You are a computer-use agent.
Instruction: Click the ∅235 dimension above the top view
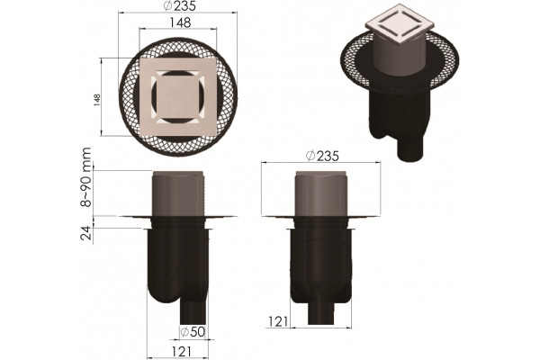pos(179,5)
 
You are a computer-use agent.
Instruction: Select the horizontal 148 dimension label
pos(181,22)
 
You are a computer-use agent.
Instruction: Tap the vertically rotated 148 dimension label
pos(97,100)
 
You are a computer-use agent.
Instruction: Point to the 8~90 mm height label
pos(86,177)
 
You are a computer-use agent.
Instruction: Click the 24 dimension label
pos(86,233)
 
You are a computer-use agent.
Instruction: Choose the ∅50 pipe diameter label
pos(193,332)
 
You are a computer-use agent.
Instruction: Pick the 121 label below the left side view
pos(181,352)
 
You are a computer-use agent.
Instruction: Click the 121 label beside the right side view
pos(278,322)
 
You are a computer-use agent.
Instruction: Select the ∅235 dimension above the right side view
pos(322,156)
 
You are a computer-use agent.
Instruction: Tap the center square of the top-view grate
pos(177,97)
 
